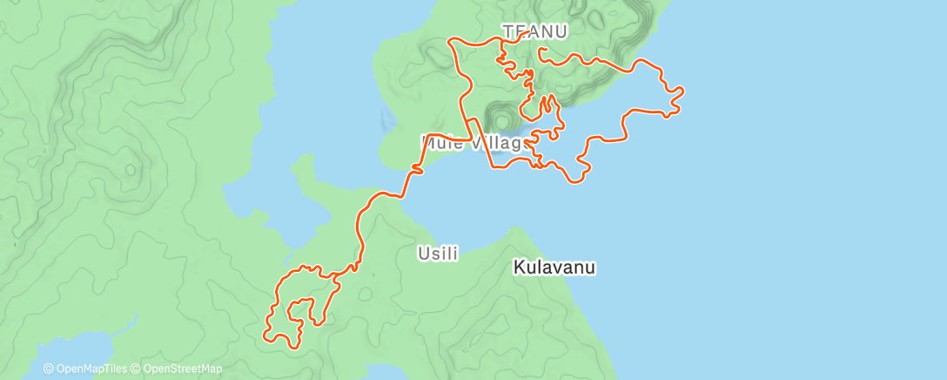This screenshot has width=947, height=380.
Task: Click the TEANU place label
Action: coord(535,31)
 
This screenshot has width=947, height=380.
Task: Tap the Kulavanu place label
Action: coord(554,268)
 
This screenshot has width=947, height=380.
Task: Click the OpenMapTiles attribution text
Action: coord(90,369)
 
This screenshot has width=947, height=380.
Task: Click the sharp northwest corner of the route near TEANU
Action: coord(449,41)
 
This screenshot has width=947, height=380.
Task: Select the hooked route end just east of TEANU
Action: coord(541,51)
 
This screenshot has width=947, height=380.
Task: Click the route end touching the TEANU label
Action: coord(527,33)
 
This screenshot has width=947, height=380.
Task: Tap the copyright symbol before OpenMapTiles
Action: coord(49,369)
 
